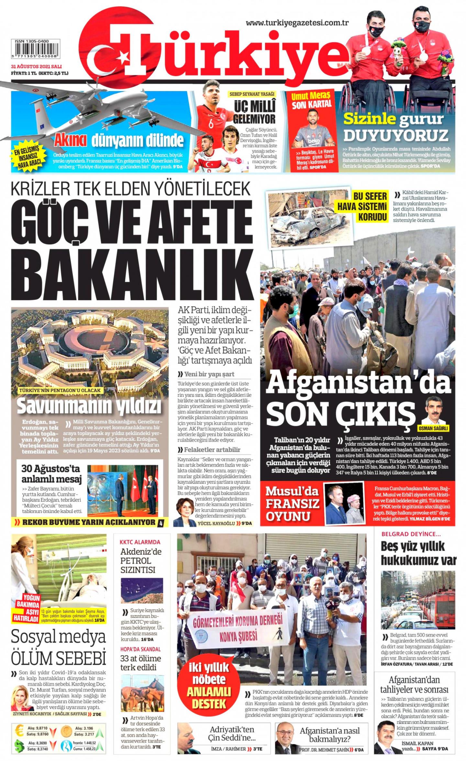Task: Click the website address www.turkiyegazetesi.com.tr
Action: (297, 23)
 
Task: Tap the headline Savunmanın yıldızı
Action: (89, 407)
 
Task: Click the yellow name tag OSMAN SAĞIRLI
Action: (433, 428)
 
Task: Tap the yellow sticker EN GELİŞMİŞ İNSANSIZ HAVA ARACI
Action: (29, 157)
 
